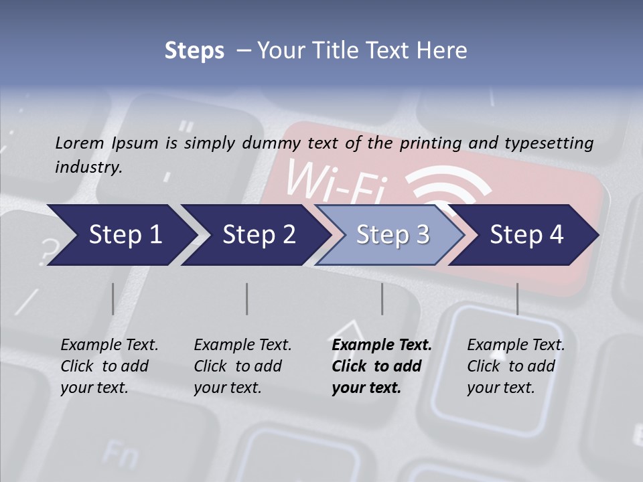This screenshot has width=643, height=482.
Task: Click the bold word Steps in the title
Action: (x=194, y=51)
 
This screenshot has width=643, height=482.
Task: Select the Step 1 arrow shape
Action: (x=121, y=235)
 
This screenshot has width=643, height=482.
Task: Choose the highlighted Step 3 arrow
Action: (x=392, y=235)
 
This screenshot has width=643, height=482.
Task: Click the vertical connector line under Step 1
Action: (x=113, y=299)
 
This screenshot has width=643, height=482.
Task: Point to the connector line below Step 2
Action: (x=247, y=299)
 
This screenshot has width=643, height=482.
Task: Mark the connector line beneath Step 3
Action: (x=382, y=299)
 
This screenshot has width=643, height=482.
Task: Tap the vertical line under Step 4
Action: (x=517, y=299)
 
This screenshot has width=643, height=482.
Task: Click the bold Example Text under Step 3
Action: (x=382, y=345)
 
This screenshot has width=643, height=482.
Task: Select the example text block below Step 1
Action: (x=109, y=366)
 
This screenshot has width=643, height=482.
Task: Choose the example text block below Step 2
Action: (x=242, y=366)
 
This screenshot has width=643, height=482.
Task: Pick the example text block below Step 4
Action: (x=515, y=366)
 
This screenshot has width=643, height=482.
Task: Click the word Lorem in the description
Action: (x=80, y=143)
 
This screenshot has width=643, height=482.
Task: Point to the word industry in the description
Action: (x=88, y=167)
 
